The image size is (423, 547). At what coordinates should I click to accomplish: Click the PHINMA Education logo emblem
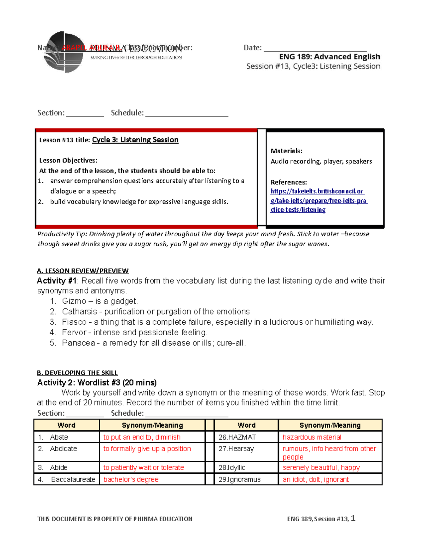point(63,52)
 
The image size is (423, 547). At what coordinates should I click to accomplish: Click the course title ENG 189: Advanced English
point(330,57)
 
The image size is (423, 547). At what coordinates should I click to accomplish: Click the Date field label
point(252,48)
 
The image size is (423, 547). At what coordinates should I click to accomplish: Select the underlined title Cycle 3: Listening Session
point(135,140)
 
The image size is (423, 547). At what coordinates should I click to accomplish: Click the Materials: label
point(286,151)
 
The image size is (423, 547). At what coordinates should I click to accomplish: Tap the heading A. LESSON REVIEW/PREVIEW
point(82,271)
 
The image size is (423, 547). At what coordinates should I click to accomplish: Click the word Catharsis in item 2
point(79,312)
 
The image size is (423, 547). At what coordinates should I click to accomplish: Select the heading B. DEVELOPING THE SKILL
point(77,373)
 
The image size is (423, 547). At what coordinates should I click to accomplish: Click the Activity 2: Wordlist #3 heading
point(97,383)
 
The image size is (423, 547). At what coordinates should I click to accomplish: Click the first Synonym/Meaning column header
point(152,425)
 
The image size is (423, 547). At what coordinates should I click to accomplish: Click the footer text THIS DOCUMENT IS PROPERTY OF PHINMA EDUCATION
point(115,519)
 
